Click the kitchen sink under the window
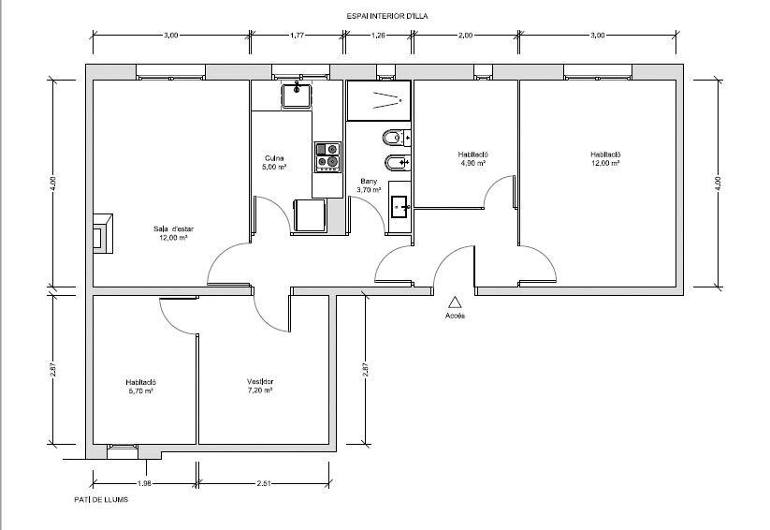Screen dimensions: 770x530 click(x=297, y=95)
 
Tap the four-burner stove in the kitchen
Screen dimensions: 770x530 click(x=327, y=156)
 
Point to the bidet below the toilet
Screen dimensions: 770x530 click(x=396, y=162)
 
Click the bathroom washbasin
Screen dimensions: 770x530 click(x=400, y=207)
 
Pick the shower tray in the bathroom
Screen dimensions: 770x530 click(x=379, y=101)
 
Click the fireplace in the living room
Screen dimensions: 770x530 click(x=103, y=233)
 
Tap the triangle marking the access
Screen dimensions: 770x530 click(x=456, y=302)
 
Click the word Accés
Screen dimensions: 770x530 click(x=455, y=316)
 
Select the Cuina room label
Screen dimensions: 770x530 click(x=274, y=158)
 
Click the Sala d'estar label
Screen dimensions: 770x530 click(x=173, y=228)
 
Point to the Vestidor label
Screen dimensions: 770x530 click(x=260, y=381)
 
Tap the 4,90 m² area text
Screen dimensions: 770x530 click(x=473, y=163)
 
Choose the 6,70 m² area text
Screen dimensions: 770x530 click(x=141, y=390)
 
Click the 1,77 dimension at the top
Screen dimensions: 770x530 click(x=297, y=35)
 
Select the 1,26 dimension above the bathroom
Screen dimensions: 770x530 click(x=378, y=35)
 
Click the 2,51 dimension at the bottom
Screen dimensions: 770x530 click(x=264, y=483)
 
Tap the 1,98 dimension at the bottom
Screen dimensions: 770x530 click(x=144, y=483)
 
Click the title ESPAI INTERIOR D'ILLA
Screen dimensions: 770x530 click(x=387, y=16)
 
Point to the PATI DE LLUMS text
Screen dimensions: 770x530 click(x=101, y=499)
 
